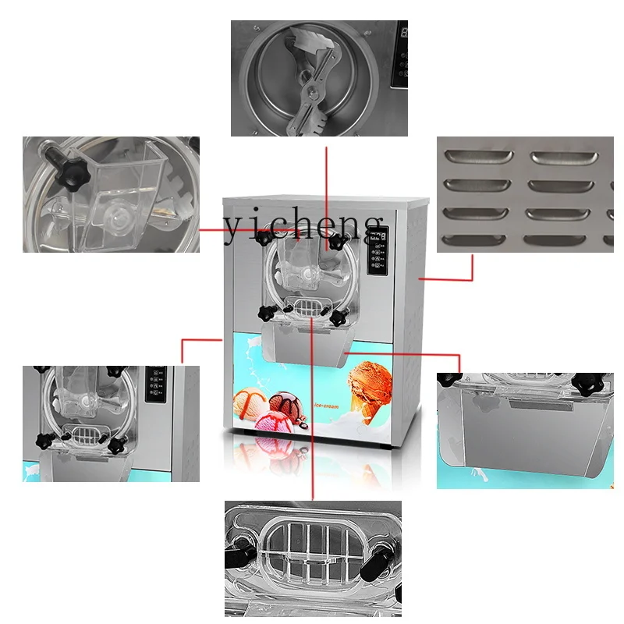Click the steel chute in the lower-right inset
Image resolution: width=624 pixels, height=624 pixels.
point(523,429)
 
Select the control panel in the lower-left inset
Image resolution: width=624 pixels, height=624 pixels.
point(155,383)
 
